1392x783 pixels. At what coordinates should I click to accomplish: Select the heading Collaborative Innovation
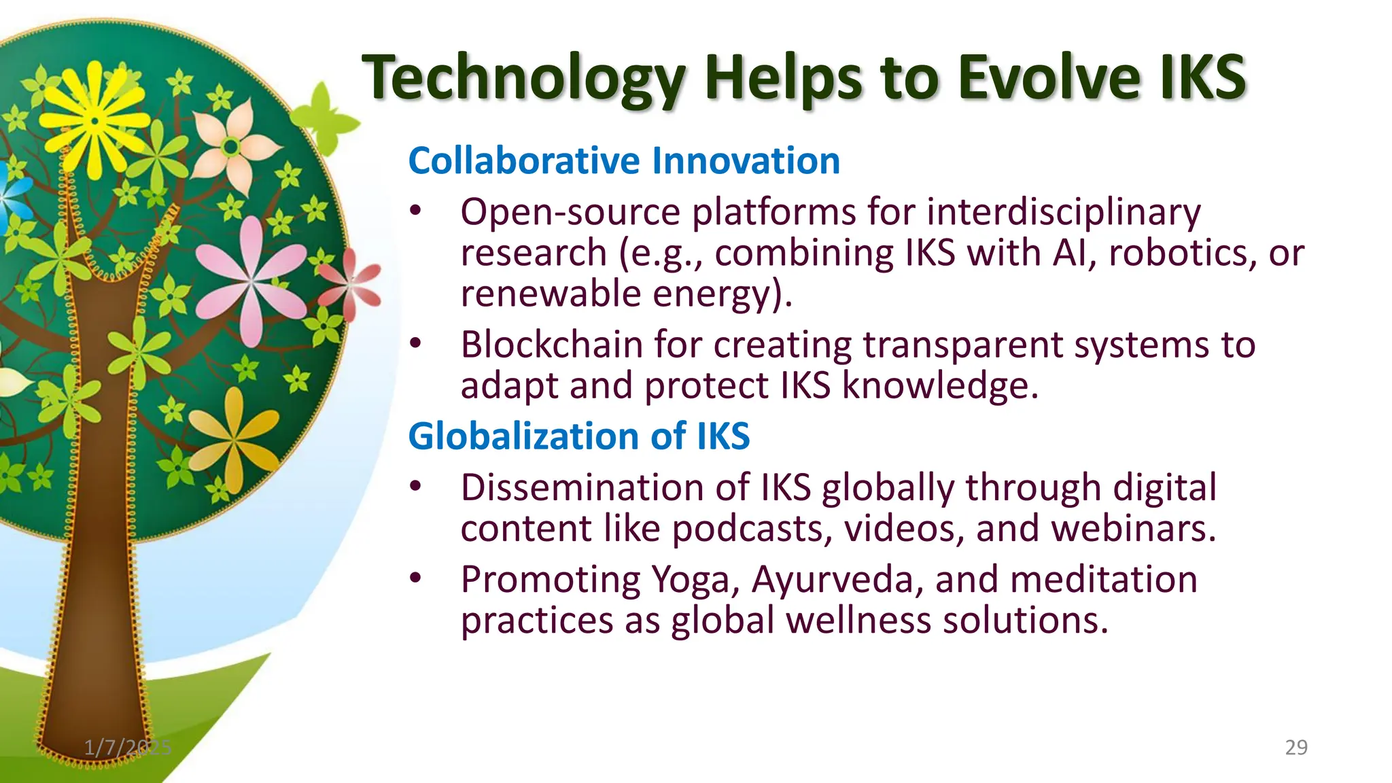pyautogui.click(x=624, y=161)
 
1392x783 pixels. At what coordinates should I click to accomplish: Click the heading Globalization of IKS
pyautogui.click(x=579, y=436)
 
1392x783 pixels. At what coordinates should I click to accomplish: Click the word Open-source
pyautogui.click(x=570, y=212)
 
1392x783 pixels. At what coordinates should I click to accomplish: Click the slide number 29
pyautogui.click(x=1296, y=748)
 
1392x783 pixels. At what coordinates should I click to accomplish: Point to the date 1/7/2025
pyautogui.click(x=127, y=748)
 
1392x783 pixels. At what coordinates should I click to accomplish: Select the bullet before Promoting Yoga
pyautogui.click(x=415, y=579)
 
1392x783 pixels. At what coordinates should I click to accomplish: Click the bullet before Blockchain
pyautogui.click(x=415, y=344)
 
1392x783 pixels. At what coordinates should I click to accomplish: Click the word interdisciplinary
pyautogui.click(x=1064, y=212)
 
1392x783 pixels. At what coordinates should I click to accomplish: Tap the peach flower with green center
pyautogui.click(x=231, y=146)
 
